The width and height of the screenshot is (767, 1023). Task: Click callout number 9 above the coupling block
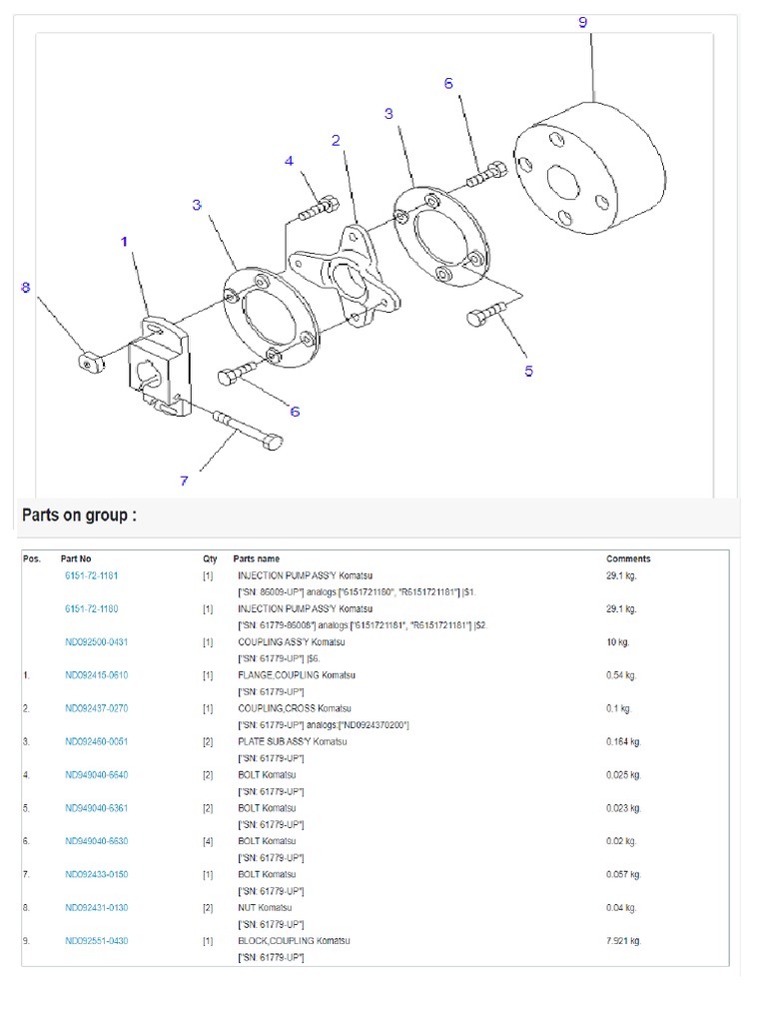pos(583,22)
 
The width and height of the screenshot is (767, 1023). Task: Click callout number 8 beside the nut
pos(26,288)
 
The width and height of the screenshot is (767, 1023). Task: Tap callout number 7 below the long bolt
pos(184,481)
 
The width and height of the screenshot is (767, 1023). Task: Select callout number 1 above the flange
pos(125,242)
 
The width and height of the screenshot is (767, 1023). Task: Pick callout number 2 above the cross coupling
pos(337,141)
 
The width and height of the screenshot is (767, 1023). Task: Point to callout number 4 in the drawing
pos(289,161)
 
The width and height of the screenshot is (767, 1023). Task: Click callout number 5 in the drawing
pos(528,372)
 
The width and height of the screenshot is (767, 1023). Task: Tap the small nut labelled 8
pos(94,359)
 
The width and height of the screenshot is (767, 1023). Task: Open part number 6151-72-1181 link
pos(91,576)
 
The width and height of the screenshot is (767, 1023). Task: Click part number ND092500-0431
pos(97,642)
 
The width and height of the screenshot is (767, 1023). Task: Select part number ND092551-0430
pos(97,941)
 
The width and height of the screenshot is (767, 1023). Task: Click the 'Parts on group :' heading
pos(79,515)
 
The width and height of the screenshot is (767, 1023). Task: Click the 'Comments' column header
pos(628,559)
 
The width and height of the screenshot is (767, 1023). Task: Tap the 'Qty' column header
pos(210,559)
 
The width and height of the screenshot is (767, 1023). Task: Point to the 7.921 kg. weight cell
pos(624,941)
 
